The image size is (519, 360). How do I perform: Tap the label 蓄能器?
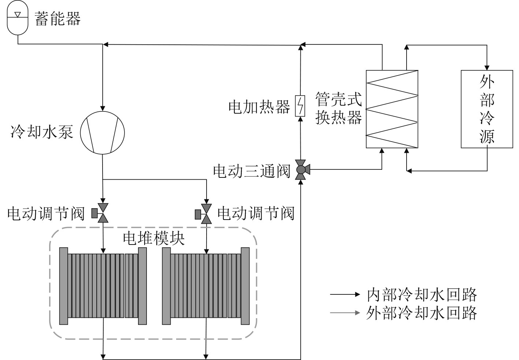(x=58, y=18)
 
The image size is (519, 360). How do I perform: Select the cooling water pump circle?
(x=103, y=132)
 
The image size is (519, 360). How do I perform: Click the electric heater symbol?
(x=300, y=106)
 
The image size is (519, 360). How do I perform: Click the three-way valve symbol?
(x=301, y=169)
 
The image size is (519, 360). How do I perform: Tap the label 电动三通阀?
(x=252, y=171)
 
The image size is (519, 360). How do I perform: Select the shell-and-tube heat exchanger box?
(x=392, y=109)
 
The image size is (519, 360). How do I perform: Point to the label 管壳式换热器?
(x=339, y=108)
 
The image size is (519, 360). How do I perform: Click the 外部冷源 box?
(x=487, y=109)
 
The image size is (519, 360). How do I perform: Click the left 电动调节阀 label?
(x=46, y=213)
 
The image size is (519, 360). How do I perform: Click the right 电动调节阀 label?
(x=256, y=213)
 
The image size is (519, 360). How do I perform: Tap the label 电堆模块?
(x=153, y=238)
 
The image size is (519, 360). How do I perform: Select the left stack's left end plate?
(x=64, y=286)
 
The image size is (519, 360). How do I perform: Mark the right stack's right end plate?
(x=245, y=286)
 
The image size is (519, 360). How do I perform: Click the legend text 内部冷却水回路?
(x=422, y=294)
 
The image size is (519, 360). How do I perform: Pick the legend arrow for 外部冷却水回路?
(x=345, y=313)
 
